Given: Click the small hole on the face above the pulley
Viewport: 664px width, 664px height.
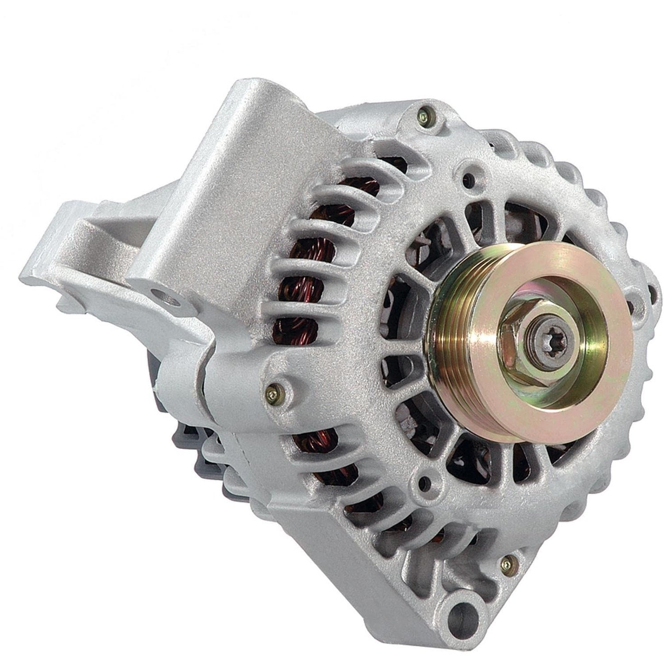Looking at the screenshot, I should (x=468, y=176).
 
